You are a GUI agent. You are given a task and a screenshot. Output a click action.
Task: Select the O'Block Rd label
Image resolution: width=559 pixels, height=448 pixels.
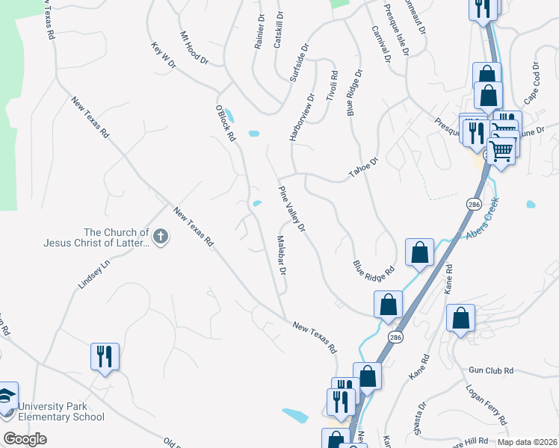coord(225,122)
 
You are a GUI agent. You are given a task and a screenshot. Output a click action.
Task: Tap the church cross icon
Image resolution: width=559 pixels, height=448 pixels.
coord(160,237)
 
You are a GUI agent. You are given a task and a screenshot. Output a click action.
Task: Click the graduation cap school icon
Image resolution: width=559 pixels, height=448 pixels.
coord(6,396)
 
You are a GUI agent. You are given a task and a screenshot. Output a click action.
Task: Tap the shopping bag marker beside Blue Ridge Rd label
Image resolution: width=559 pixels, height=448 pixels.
coord(419,252)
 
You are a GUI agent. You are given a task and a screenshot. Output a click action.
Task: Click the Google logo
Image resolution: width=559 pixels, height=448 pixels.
coord(25,439)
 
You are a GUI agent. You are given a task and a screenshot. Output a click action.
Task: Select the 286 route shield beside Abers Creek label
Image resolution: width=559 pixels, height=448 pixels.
coord(474,204)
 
